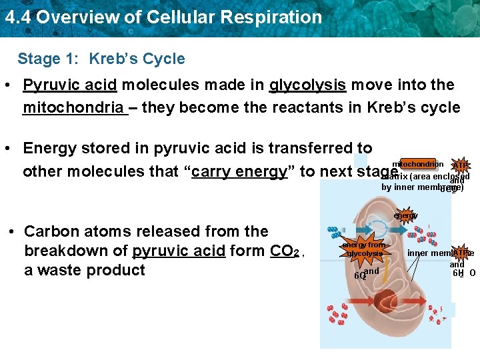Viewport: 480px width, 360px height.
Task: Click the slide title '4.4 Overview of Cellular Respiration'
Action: (163, 17)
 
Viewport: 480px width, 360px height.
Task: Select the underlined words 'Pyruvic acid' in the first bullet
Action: (70, 85)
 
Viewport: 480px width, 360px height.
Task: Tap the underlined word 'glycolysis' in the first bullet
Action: (307, 85)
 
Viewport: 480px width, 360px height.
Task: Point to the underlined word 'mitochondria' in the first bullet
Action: (73, 107)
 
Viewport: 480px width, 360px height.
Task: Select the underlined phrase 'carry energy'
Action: (239, 171)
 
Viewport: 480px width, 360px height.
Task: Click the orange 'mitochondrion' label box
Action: (417, 164)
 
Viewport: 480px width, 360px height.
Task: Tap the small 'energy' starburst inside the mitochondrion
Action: (405, 215)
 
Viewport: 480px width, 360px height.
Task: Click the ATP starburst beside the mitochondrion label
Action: (460, 166)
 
